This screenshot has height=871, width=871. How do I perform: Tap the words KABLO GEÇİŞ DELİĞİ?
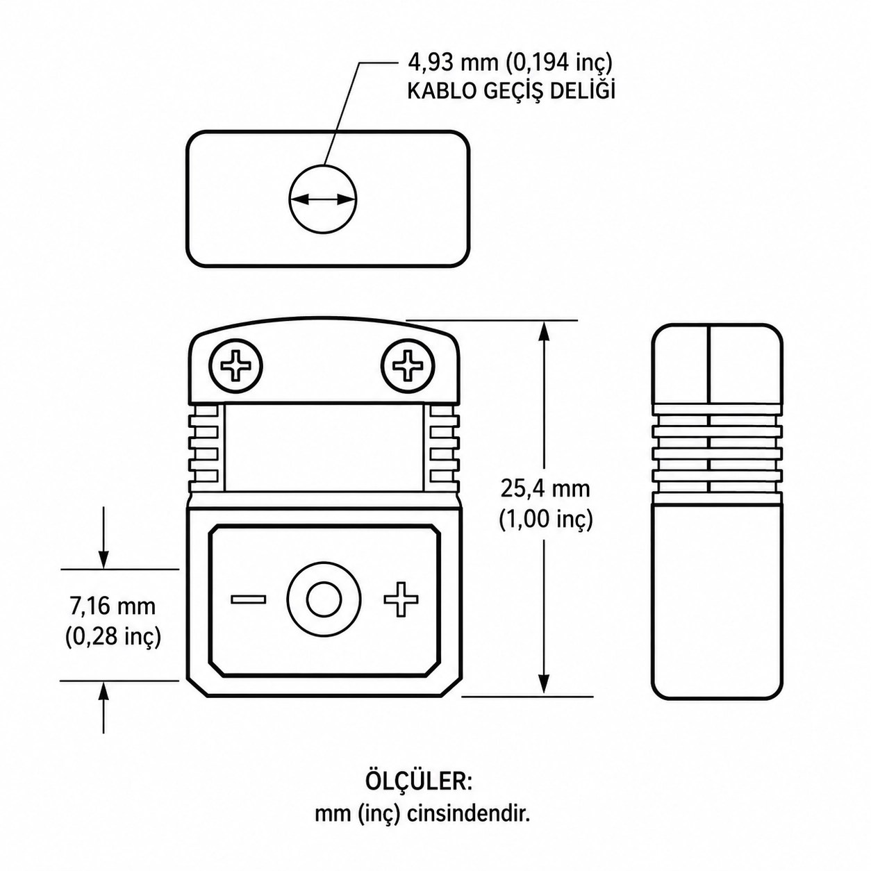511,90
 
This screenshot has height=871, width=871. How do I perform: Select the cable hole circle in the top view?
323,199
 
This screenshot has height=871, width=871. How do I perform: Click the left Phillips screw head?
235,365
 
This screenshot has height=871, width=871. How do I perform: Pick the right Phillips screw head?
408,365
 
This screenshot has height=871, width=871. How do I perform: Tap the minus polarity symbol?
248,599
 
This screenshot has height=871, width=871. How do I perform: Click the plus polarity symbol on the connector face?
401,599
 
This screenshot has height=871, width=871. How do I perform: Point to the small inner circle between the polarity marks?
324,600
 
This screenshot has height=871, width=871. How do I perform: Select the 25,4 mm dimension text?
545,489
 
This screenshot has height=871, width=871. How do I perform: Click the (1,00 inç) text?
545,520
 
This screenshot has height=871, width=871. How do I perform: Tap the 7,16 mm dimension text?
113,606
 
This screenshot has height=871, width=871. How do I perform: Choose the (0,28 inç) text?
113,637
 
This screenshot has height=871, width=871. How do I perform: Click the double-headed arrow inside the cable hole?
323,199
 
